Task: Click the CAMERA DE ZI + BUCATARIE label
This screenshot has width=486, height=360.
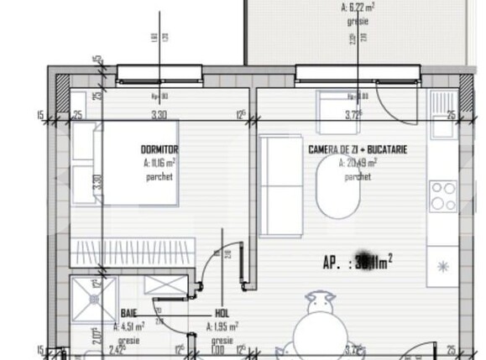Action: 358,149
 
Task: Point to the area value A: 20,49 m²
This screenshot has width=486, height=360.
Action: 358,163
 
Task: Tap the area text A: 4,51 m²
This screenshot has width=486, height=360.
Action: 128,326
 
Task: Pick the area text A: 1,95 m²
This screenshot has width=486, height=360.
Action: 222,326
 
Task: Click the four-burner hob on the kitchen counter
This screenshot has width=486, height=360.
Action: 442,196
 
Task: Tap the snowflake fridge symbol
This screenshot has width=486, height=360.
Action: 442,267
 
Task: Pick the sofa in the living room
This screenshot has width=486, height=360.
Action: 274,185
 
